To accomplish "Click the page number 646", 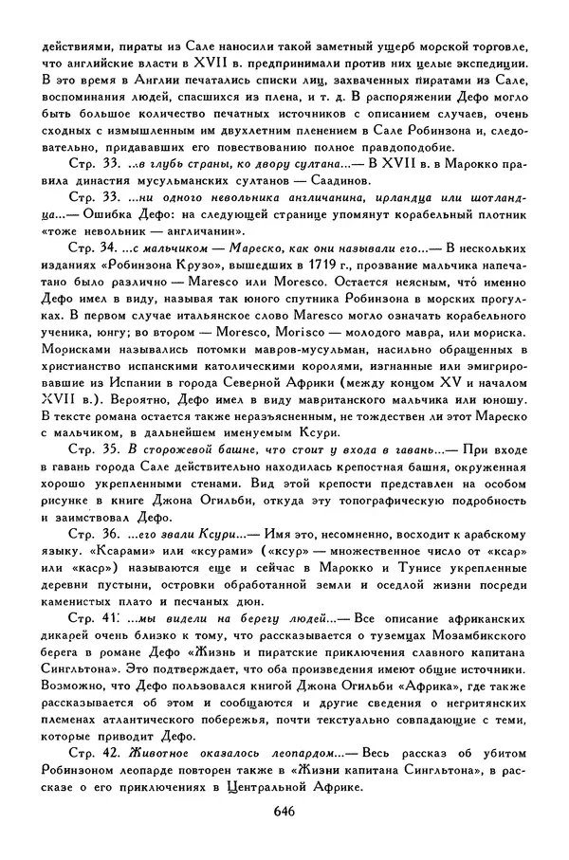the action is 284,810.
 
